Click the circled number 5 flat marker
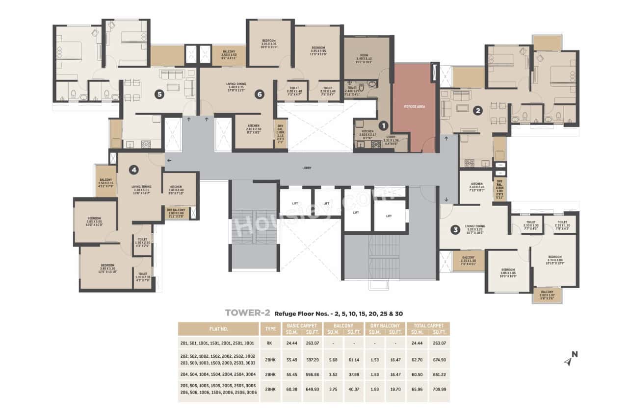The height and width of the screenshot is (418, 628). (159, 94)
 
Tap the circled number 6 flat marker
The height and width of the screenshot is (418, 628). (260, 95)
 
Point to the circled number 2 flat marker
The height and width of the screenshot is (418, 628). (477, 111)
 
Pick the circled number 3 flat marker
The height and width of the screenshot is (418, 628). (455, 229)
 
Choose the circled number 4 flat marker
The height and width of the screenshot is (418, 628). (133, 170)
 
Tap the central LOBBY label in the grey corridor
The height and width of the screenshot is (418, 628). (308, 168)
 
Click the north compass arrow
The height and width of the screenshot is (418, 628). (570, 360)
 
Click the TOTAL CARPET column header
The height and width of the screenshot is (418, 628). (428, 325)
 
